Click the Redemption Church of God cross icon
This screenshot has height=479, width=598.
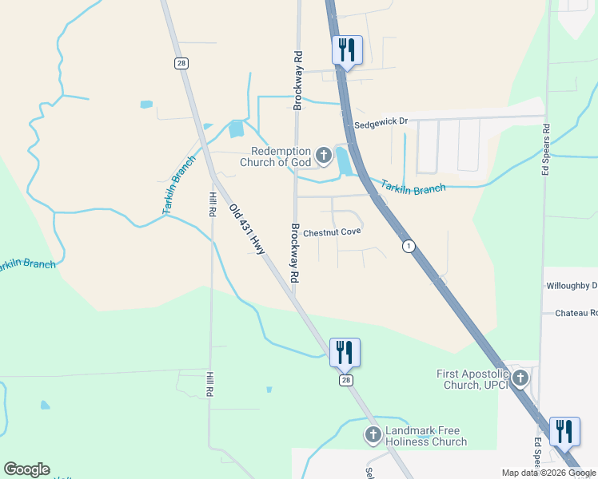324,156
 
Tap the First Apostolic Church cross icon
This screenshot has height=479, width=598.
520,378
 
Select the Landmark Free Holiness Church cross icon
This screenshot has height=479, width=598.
373,435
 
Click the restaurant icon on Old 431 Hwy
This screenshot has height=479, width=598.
345,352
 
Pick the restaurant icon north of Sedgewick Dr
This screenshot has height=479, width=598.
347,49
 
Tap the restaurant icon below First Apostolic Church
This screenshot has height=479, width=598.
565,431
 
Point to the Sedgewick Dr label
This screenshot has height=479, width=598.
381,122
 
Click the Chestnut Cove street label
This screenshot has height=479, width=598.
332,232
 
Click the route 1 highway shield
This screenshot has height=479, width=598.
409,246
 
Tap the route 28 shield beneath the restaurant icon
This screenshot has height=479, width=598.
345,380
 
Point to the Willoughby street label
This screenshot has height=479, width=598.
571,285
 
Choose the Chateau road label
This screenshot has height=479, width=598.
576,313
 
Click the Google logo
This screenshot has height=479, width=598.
26,469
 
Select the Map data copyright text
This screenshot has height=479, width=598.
548,473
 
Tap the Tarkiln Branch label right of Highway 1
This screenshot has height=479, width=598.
413,188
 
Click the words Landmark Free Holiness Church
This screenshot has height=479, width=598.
426,436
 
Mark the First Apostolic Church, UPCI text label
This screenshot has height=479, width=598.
472,379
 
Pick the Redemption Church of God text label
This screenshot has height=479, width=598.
280,156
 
